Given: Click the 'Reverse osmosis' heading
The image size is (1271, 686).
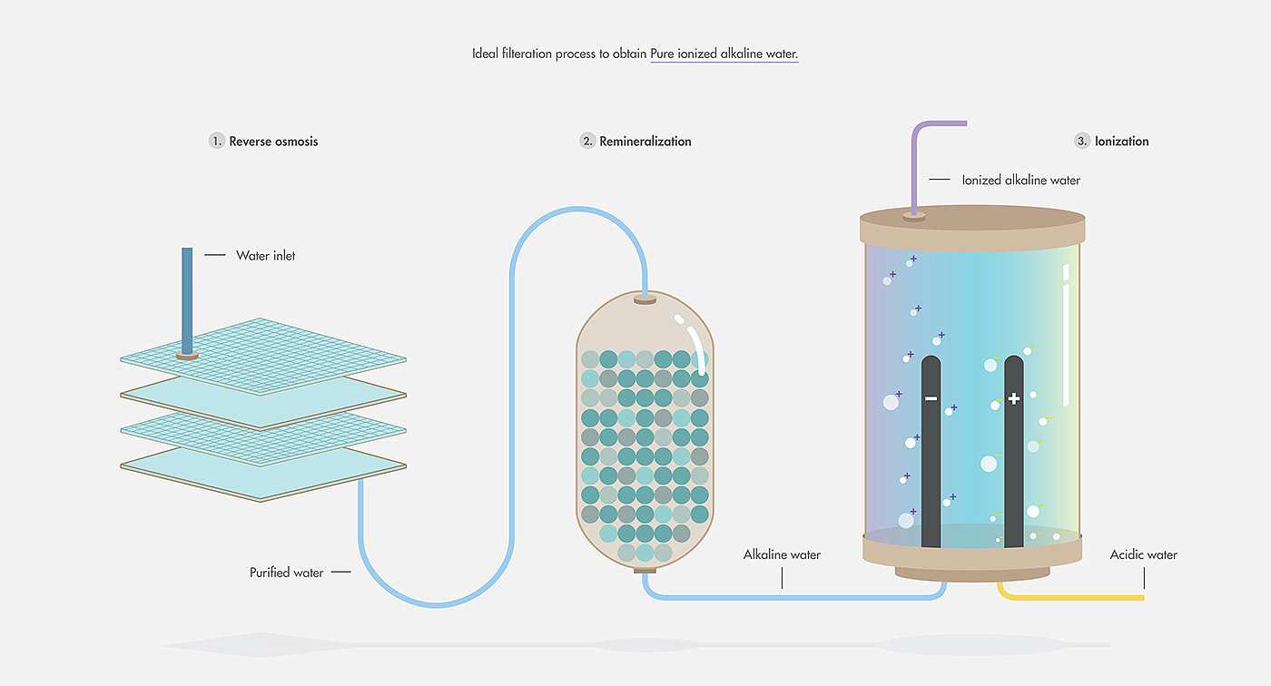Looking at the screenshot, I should click(273, 142).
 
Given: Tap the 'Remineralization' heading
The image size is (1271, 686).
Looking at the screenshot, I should click(645, 142).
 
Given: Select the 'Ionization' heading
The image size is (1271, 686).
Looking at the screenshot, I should click(1121, 142).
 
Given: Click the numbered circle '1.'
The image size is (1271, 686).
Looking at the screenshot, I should click(216, 142).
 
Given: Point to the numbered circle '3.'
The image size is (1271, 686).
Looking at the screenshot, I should click(1081, 142).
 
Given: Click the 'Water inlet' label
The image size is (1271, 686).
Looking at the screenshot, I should click(265, 256).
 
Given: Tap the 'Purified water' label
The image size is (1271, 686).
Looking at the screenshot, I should click(286, 573).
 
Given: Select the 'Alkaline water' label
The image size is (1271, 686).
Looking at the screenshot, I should click(782, 554).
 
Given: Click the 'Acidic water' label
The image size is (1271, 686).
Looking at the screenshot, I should click(1143, 554).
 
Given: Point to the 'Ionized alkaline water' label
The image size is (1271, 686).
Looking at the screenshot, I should click(1020, 181).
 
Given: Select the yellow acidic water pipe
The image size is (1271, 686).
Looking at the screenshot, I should click(1071, 597).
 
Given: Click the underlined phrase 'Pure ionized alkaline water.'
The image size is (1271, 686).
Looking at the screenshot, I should click(724, 54).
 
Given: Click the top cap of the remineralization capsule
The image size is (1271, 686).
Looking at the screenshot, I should click(645, 299).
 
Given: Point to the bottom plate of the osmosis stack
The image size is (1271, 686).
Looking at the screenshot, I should click(263, 475).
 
